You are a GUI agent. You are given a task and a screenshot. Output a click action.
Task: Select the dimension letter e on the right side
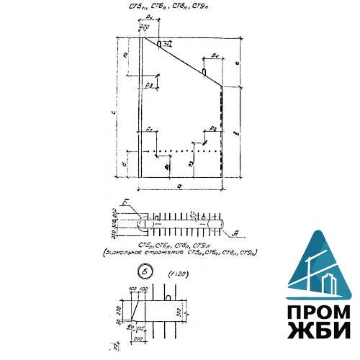(x=237, y=61)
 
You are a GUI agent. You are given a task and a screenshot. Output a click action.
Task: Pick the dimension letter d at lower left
(x=125, y=164)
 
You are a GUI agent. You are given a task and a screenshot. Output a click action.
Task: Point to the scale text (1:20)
(x=176, y=274)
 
